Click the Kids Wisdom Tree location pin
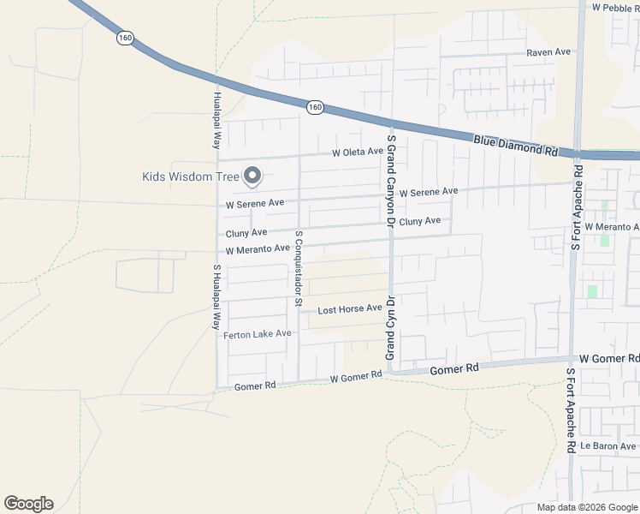(x=252, y=176)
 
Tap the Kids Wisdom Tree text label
(x=191, y=177)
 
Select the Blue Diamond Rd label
(x=515, y=144)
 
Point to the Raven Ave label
(x=548, y=52)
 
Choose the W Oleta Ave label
(x=358, y=152)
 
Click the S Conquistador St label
(x=299, y=267)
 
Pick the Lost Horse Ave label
(x=350, y=308)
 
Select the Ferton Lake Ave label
(x=258, y=334)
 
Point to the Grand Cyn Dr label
(x=389, y=328)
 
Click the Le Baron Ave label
(x=608, y=446)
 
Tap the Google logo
(x=28, y=504)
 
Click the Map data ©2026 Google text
(x=586, y=507)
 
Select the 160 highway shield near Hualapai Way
(x=126, y=38)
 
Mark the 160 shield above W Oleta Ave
(x=315, y=107)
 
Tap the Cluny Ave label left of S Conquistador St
(x=246, y=233)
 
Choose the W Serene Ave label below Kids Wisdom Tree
(x=255, y=205)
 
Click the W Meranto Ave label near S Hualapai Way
(x=258, y=250)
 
